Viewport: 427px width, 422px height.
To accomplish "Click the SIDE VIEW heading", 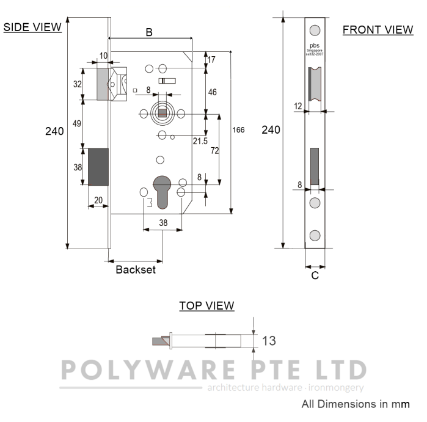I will click(32, 27).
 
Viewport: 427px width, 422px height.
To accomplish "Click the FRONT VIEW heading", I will click(378, 29).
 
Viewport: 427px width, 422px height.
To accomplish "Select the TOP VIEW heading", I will click(206, 305).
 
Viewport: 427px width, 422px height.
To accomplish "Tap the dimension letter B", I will click(149, 33).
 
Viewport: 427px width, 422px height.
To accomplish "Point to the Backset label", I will click(136, 269).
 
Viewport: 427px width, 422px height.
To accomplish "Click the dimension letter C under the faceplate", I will click(315, 275).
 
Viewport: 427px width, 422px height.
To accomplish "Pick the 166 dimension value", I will click(239, 130).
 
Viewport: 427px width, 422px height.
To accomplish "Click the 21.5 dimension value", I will click(199, 141).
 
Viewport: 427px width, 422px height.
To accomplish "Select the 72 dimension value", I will click(214, 150).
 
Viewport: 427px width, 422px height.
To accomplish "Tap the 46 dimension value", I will click(212, 92).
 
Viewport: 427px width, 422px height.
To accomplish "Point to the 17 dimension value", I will click(211, 60).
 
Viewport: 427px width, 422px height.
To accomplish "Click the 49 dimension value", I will click(77, 123).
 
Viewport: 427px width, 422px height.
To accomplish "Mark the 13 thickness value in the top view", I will click(269, 341).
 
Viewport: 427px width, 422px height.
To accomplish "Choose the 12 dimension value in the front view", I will click(298, 106).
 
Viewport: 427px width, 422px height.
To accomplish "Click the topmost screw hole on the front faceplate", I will click(315, 31).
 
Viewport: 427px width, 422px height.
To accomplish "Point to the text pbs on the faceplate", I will click(315, 46).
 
